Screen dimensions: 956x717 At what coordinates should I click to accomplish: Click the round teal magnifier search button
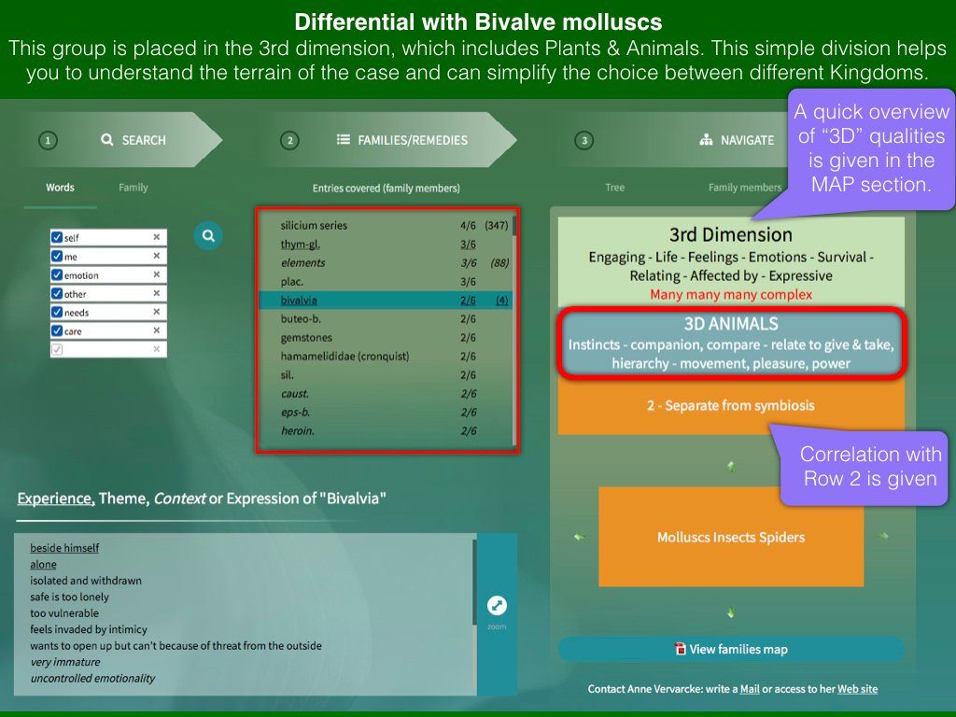coord(208,236)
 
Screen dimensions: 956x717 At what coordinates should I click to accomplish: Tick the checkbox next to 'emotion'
coord(57,275)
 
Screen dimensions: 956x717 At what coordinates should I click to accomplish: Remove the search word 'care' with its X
coord(157,330)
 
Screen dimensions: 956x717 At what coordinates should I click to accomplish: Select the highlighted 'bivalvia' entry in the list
coord(299,300)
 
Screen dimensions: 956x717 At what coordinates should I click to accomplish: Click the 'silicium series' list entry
coord(314,226)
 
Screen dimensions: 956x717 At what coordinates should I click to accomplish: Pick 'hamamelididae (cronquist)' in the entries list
coord(344,356)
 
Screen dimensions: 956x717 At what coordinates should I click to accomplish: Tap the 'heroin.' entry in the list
coord(298,431)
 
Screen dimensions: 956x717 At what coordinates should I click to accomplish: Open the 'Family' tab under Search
coord(133,187)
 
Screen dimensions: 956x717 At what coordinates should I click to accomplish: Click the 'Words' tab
coord(60,187)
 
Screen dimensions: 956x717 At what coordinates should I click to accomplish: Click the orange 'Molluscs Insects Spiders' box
coord(731,537)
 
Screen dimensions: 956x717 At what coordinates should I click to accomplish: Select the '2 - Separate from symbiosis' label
coord(730,405)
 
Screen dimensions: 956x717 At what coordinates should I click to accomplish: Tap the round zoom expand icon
coord(497,605)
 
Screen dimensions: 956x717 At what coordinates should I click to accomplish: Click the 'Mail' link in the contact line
coord(750,689)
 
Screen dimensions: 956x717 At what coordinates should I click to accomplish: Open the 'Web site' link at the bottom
coord(857,689)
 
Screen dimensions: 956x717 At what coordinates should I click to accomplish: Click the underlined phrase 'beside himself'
coord(64,548)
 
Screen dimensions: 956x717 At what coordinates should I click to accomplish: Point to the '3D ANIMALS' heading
coord(730,324)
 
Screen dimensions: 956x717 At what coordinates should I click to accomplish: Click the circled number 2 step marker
coord(289,141)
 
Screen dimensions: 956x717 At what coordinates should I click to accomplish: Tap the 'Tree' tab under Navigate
coord(614,187)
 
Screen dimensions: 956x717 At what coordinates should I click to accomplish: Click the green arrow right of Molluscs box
coord(883,537)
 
